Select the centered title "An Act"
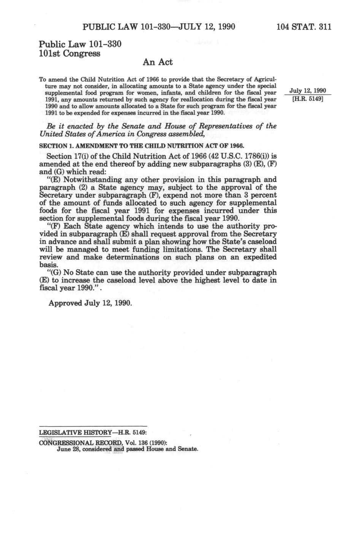158,62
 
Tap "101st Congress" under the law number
70,54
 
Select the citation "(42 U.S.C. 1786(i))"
238,156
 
